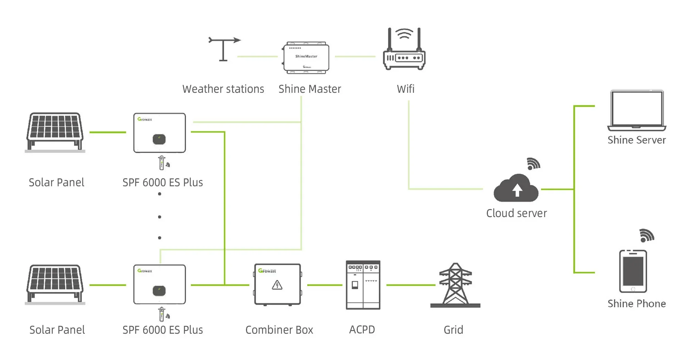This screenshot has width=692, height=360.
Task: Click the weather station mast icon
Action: click(224, 49)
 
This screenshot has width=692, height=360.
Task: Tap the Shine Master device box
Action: click(306, 57)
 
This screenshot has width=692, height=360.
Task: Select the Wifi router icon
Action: click(404, 50)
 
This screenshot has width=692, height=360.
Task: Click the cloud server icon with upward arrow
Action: click(516, 188)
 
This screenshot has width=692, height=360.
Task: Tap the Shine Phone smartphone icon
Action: click(633, 271)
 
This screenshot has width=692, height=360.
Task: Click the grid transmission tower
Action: click(455, 286)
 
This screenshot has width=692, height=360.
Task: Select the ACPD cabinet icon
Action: click(363, 285)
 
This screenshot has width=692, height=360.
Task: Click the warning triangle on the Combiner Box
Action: click(277, 285)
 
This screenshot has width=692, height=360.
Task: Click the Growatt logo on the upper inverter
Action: click(145, 119)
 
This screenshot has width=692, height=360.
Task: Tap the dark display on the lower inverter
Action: click(159, 290)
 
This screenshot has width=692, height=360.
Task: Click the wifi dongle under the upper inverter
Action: click(162, 163)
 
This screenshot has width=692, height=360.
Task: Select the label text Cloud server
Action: click(516, 213)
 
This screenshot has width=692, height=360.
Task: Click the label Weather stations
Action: click(223, 89)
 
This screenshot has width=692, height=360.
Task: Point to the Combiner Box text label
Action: click(279, 330)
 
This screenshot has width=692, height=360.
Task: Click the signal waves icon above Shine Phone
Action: click(646, 236)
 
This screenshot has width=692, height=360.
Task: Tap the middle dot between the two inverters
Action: click(160, 217)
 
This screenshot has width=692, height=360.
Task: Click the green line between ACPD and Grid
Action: click(410, 285)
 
